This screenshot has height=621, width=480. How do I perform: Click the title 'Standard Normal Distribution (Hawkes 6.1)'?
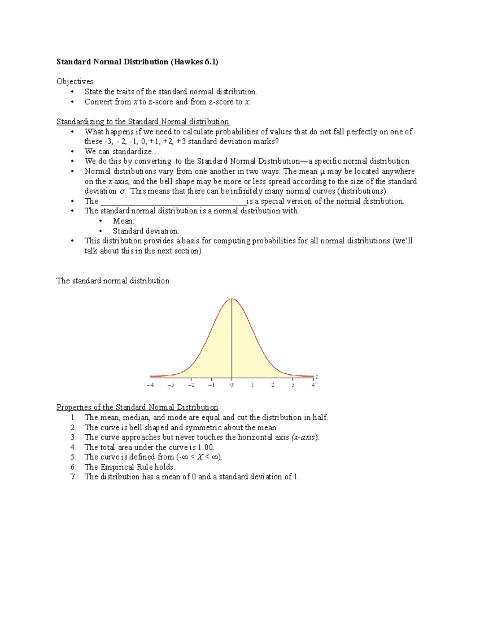137,62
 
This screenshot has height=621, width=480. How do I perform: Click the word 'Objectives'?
75,82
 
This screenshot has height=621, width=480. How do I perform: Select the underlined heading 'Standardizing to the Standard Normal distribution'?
143,122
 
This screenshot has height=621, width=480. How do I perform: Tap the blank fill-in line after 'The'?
173,201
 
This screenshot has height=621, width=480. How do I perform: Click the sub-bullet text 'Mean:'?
124,221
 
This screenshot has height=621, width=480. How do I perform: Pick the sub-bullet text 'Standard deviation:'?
146,231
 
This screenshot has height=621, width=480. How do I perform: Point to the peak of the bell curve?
232,299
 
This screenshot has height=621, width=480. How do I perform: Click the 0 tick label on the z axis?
232,385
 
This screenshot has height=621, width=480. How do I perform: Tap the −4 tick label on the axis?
150,385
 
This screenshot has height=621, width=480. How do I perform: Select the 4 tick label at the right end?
313,385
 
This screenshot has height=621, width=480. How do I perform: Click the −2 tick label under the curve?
191,385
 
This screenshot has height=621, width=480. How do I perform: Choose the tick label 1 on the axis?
252,385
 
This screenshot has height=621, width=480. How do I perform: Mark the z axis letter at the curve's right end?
316,377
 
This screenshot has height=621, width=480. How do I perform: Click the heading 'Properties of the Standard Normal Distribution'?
137,407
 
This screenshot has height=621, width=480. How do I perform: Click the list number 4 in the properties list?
73,447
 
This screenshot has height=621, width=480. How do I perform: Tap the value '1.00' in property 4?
206,447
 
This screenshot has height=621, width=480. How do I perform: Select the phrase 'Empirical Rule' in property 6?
126,467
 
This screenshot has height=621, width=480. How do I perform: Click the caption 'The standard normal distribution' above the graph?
113,281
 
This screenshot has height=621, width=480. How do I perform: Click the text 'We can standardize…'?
122,152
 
